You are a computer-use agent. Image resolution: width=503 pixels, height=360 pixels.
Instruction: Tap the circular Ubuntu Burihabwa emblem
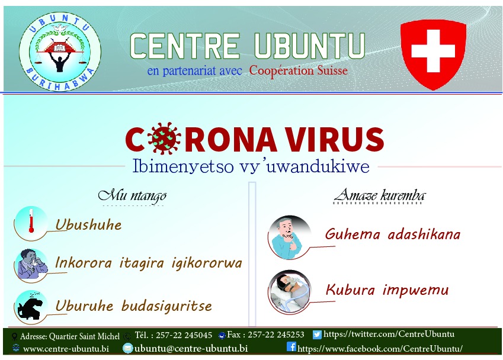60,52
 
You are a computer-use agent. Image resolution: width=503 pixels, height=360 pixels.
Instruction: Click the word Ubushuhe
88,225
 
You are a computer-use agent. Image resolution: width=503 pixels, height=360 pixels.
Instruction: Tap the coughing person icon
31,265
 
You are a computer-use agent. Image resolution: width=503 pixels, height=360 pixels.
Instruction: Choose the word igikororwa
207,263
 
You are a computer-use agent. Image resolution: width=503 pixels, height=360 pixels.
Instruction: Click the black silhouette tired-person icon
31,307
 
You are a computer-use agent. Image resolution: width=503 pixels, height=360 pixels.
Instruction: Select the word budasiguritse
166,306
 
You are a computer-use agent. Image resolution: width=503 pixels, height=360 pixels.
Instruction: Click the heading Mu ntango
132,195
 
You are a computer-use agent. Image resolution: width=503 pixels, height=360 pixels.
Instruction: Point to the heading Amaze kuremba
380,195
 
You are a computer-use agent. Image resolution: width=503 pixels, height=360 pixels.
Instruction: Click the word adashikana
424,234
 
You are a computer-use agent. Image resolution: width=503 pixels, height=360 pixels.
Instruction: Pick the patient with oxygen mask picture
290,292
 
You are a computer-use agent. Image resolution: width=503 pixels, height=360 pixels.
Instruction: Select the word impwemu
416,290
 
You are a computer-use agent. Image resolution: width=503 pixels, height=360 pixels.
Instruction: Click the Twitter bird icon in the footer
317,335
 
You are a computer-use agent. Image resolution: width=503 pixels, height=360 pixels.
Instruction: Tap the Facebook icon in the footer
291,346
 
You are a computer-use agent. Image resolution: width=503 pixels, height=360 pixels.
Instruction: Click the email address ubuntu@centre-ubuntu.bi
191,348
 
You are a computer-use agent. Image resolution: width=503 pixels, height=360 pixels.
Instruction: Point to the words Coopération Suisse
299,70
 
